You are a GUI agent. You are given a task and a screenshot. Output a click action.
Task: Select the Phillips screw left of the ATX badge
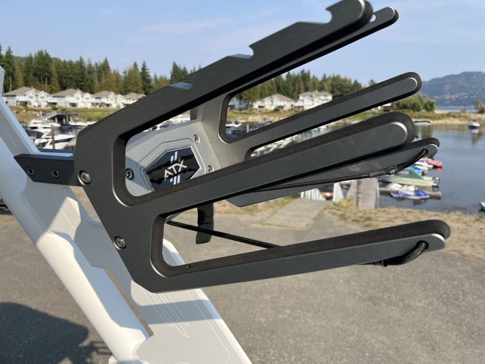pos(129,174)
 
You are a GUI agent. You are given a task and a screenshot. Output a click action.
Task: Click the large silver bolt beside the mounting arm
pos(84,177)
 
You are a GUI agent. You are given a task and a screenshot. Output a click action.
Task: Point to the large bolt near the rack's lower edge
pos(120,242)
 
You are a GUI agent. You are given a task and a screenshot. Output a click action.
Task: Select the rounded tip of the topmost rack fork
pos(362,9)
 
